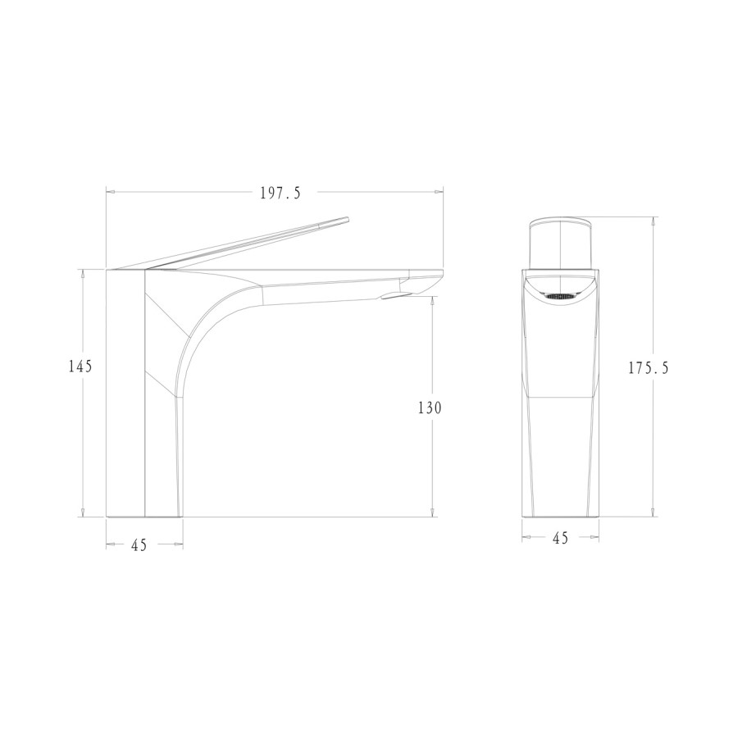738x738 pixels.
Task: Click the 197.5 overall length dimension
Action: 280,193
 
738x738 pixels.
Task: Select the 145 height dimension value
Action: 80,366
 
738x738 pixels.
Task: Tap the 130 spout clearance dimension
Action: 430,408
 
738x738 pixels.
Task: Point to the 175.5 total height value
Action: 648,367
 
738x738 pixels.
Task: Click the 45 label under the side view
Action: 139,545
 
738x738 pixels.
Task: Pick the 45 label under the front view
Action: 560,537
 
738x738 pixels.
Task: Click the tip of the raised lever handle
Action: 348,218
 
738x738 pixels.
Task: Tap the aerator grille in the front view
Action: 560,297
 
